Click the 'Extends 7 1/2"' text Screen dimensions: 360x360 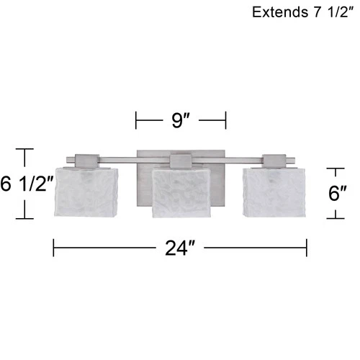pos(302,12)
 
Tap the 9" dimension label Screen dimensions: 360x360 pos(181,120)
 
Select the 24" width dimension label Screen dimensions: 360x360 pos(181,249)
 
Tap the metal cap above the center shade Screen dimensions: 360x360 pos(180,161)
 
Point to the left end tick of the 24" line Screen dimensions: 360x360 pos(53,248)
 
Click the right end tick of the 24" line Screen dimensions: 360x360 pos(307,248)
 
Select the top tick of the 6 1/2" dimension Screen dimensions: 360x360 pos(26,149)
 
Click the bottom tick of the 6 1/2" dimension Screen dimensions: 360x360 pos(26,218)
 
